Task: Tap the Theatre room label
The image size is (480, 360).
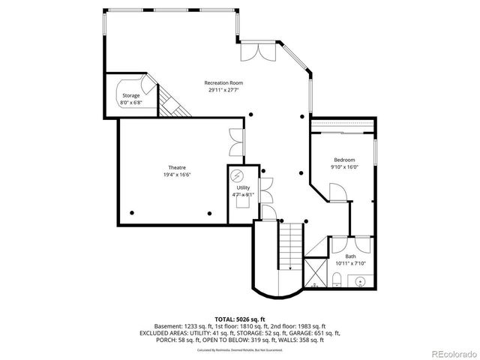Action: [177, 167]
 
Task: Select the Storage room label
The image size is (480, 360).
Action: [131, 95]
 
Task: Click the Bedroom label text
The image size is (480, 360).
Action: [345, 160]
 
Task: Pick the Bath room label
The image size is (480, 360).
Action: [351, 256]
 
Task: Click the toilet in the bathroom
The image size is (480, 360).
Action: [337, 282]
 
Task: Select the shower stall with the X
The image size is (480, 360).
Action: [315, 274]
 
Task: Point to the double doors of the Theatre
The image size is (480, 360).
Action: [236, 142]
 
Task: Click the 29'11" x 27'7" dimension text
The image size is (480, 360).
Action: [225, 90]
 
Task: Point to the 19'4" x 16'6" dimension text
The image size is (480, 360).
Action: [177, 174]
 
